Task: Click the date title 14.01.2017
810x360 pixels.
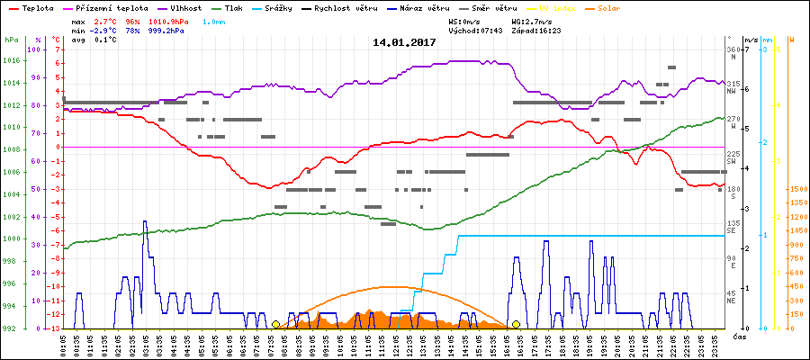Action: [x=405, y=42]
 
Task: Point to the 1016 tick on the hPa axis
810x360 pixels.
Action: [x=11, y=61]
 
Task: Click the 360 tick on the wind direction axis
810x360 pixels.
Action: [x=733, y=49]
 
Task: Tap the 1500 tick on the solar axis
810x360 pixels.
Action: [x=797, y=189]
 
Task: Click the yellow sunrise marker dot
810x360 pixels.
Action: [x=275, y=324]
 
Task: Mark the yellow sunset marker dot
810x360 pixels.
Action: [x=516, y=324]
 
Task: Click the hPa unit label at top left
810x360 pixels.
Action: [x=11, y=40]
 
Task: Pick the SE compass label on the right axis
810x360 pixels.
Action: [x=733, y=231]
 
